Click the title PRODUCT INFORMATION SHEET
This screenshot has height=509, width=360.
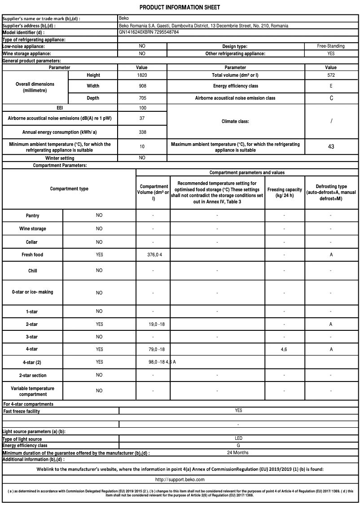tap(180, 8)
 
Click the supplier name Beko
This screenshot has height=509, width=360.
tap(124, 19)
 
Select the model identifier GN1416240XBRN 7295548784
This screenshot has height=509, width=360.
tap(149, 32)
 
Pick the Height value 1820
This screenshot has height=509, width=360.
tap(142, 75)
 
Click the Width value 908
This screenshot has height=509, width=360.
tap(142, 86)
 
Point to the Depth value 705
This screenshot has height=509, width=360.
tap(142, 98)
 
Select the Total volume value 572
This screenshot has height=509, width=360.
tap(331, 75)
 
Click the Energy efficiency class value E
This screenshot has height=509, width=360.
tap(331, 86)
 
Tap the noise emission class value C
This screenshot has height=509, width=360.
tap(331, 98)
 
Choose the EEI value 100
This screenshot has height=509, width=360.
tap(142, 108)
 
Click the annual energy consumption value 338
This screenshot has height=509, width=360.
tap(142, 132)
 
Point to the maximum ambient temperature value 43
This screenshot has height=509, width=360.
tap(331, 146)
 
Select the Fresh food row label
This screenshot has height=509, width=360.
tap(32, 254)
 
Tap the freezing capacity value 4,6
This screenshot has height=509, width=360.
tap(284, 349)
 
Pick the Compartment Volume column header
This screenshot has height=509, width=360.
tap(154, 192)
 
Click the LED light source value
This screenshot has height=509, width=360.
tap(238, 438)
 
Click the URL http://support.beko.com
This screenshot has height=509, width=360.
tap(180, 480)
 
